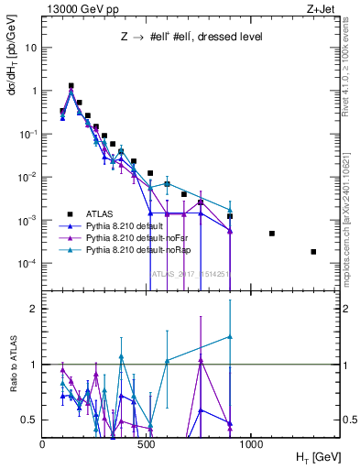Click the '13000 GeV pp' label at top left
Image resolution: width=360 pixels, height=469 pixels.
80,8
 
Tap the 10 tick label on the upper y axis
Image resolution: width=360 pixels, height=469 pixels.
32,48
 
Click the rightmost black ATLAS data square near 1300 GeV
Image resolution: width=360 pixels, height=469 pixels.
313,252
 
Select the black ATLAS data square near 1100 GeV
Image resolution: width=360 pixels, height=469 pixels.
272,234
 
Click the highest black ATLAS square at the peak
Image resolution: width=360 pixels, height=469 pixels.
71,86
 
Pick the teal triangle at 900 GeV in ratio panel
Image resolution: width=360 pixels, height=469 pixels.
230,337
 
